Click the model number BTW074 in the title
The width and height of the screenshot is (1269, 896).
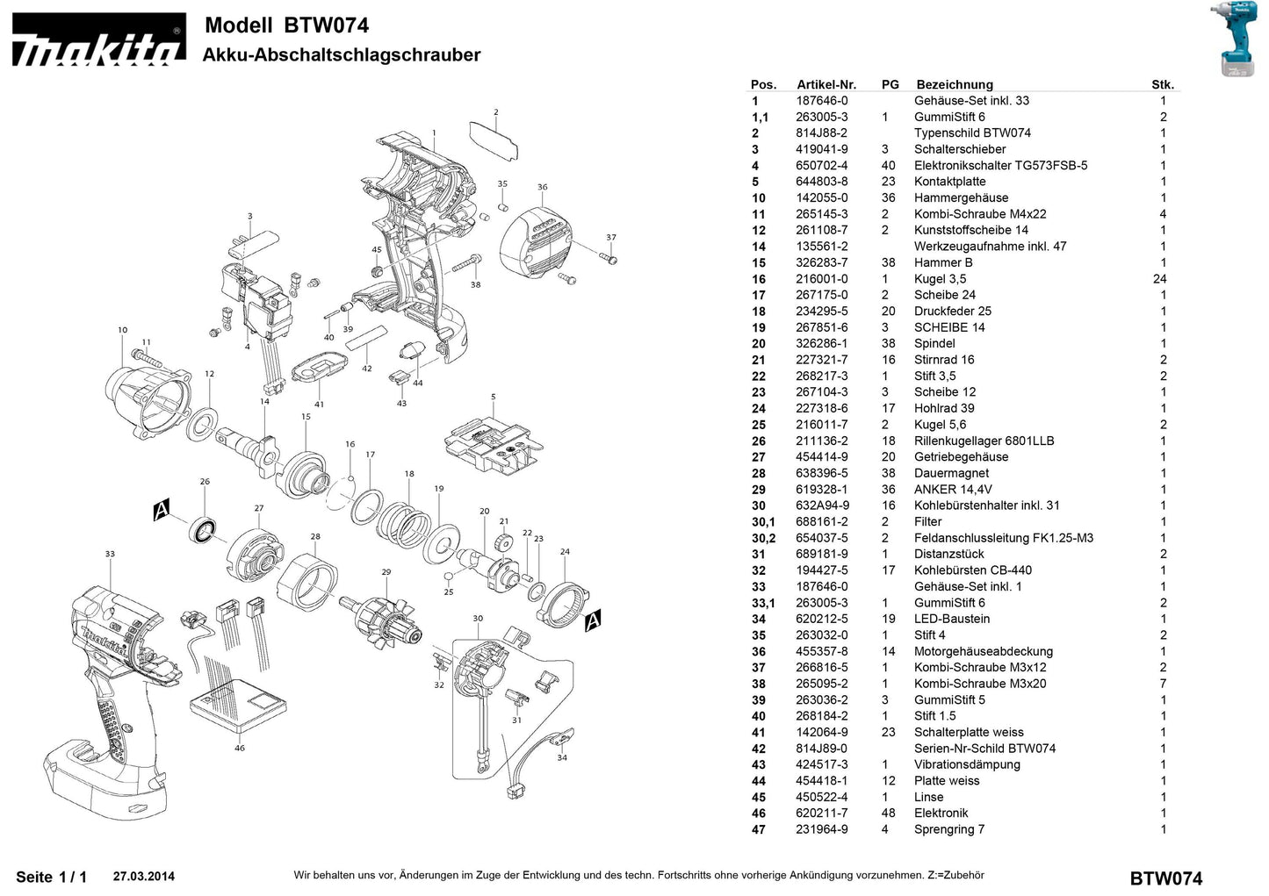[326, 25]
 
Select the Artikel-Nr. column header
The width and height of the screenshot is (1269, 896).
[826, 84]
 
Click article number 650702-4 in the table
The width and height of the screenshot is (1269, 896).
[822, 165]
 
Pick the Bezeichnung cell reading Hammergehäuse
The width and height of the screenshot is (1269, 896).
[961, 197]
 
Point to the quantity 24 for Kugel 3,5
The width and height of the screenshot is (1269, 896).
[1161, 279]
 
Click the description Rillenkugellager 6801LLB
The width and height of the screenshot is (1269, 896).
[984, 441]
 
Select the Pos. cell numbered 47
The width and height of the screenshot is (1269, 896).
[758, 829]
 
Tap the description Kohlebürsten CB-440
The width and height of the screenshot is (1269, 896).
[973, 570]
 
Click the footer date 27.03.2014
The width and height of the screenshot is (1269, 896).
[144, 876]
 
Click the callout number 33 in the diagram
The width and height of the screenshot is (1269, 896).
[110, 554]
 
